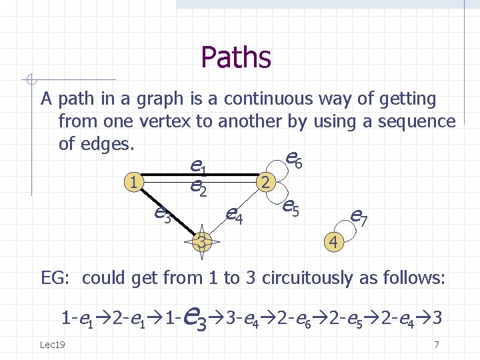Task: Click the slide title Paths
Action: coord(235,57)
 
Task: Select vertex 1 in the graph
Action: coord(135,181)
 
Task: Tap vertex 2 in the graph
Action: coord(265,181)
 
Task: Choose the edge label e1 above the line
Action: coord(197,164)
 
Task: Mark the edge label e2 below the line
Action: coord(197,189)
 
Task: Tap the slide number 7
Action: coord(436,345)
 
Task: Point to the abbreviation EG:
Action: coord(57,277)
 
